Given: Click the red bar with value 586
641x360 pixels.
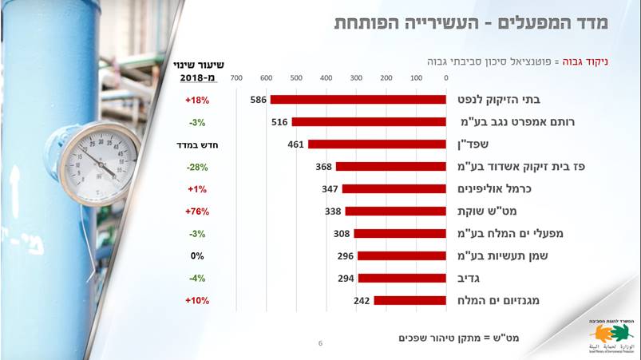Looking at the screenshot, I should (x=358, y=100).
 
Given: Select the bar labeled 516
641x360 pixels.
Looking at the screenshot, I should (x=369, y=122).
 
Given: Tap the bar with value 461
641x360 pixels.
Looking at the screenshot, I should (x=377, y=144).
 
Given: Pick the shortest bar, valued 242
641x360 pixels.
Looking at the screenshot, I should (x=410, y=301).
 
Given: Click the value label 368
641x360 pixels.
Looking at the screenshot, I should (x=324, y=167).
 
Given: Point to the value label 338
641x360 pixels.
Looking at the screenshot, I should (x=334, y=212).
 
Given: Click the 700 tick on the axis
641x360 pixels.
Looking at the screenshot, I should (x=236, y=78).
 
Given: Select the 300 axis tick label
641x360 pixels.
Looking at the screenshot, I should (x=356, y=78).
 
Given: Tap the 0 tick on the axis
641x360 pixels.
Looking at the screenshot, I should (x=445, y=78).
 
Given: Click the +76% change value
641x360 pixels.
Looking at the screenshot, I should (x=197, y=212).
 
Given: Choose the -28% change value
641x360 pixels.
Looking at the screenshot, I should (x=197, y=167).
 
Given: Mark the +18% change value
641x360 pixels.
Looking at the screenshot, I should (x=197, y=100).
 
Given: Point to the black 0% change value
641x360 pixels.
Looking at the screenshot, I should (x=197, y=256).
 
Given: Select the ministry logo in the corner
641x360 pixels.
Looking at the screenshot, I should (x=610, y=334).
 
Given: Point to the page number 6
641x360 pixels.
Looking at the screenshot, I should (x=320, y=343).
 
